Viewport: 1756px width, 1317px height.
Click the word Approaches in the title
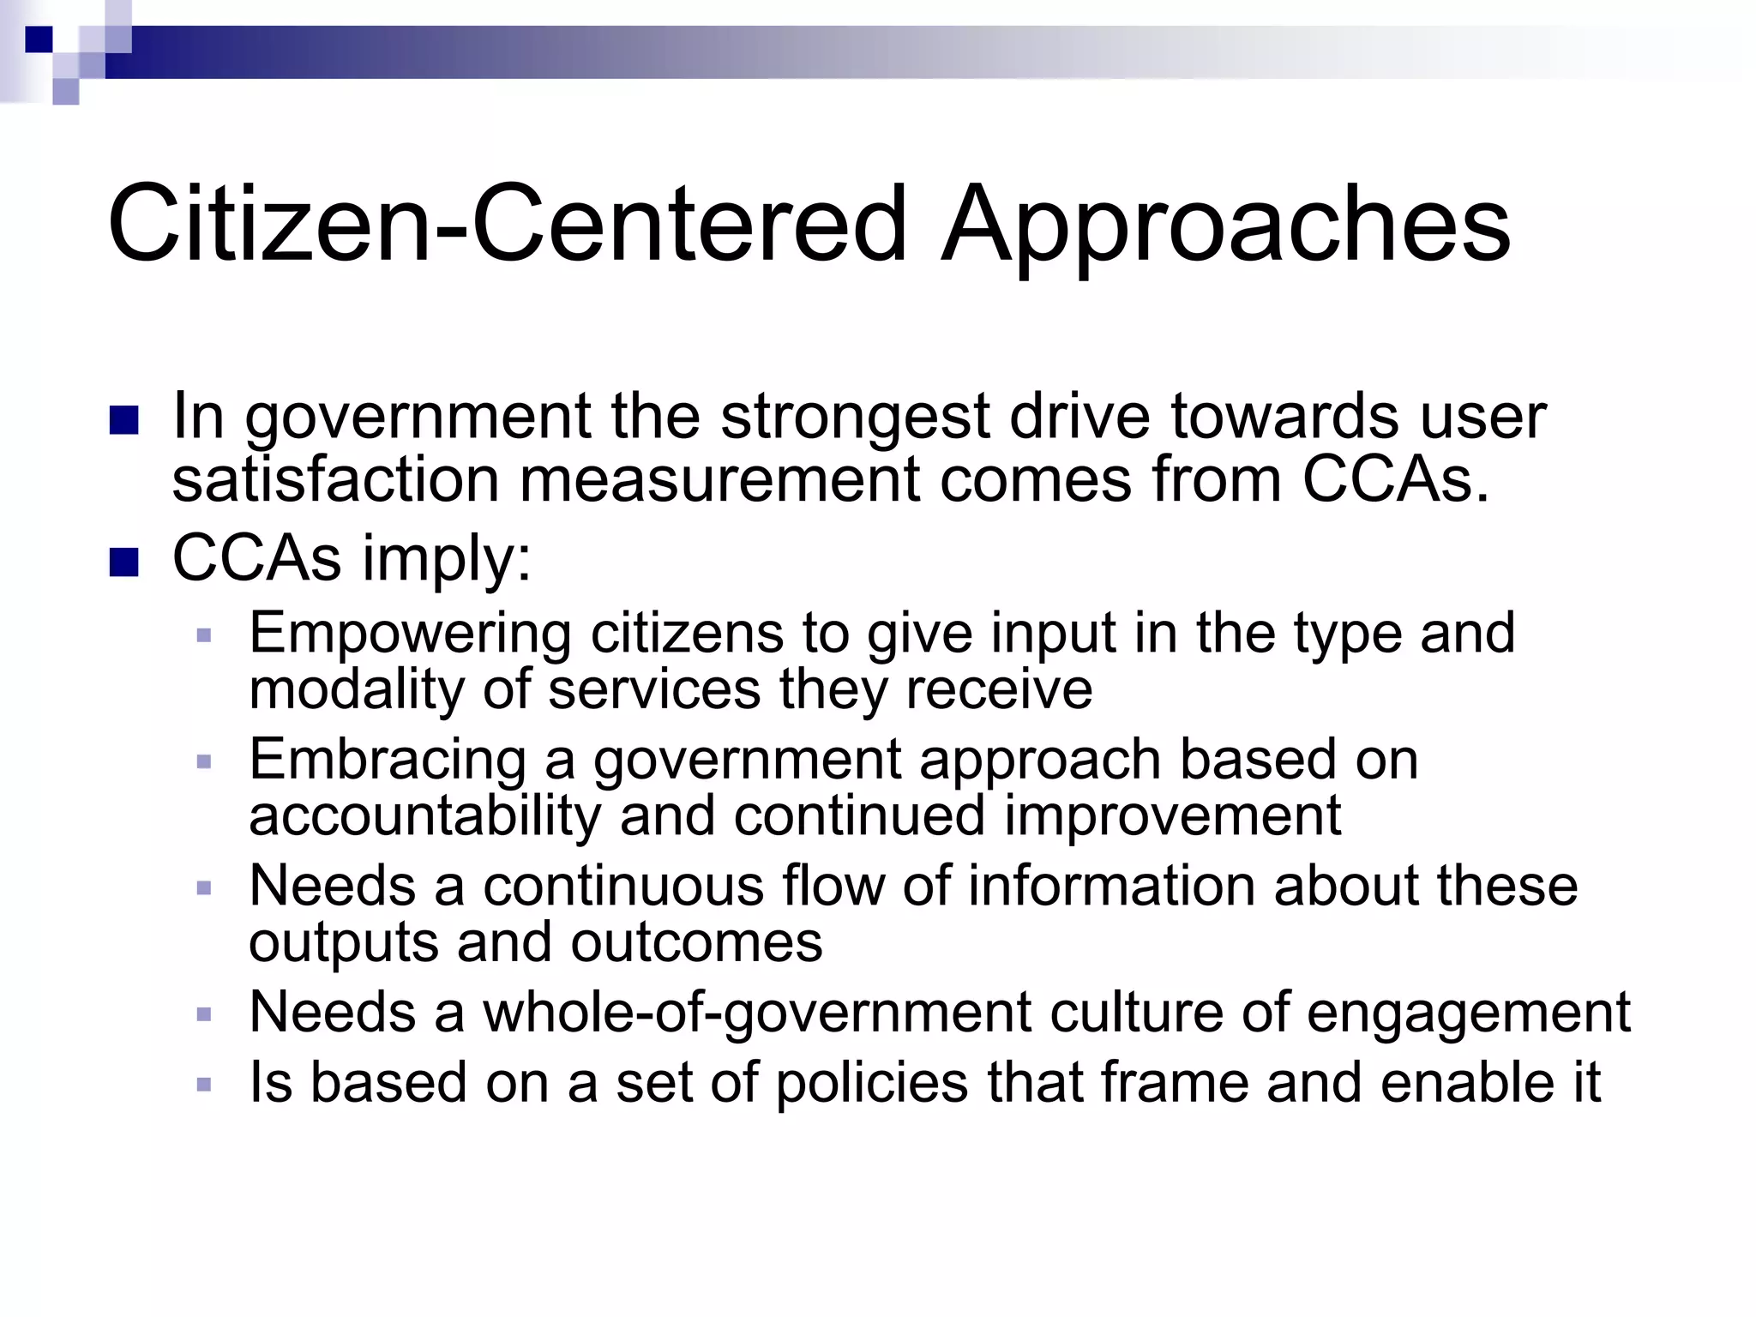click(1226, 225)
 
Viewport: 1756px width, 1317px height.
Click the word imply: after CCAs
click(447, 559)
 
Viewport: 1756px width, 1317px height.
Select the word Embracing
click(388, 760)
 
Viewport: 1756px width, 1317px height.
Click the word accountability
click(425, 815)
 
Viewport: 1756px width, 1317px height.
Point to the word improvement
click(1172, 815)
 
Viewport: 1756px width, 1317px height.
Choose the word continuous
click(623, 886)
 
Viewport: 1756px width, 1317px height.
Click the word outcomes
click(696, 942)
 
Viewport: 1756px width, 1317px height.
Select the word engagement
click(1468, 1013)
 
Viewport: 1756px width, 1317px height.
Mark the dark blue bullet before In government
click(124, 420)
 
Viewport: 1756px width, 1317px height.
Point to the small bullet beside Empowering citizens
click(204, 635)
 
